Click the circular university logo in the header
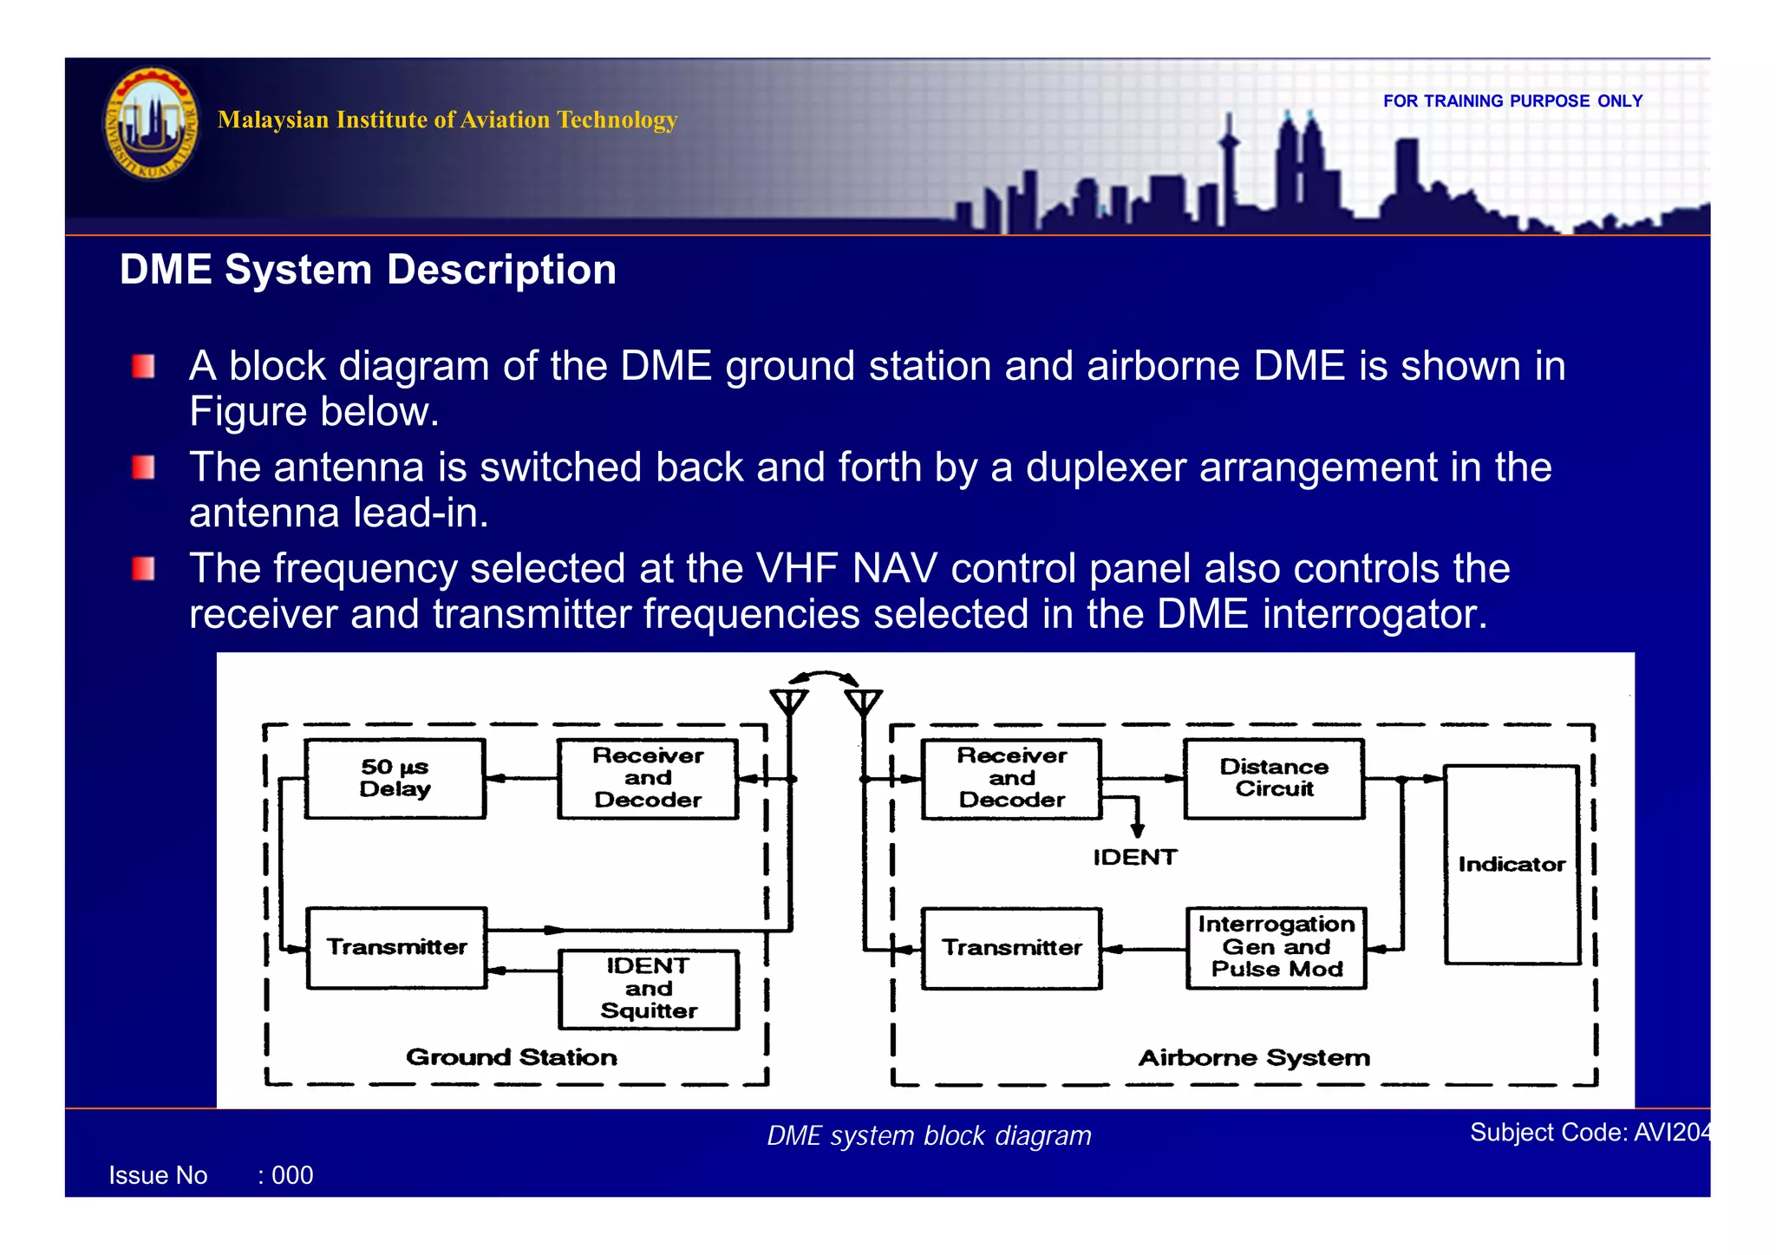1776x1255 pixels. pyautogui.click(x=151, y=124)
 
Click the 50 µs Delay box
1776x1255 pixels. pyautogui.click(x=395, y=778)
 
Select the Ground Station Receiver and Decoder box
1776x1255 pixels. pyautogui.click(x=648, y=778)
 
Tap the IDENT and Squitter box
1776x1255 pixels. pyautogui.click(x=649, y=989)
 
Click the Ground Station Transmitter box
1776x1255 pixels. pyautogui.click(x=396, y=947)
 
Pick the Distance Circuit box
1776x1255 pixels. pyautogui.click(x=1274, y=778)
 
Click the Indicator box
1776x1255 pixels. pyautogui.click(x=1512, y=864)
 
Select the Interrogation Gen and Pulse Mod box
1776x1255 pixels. pyautogui.click(x=1276, y=947)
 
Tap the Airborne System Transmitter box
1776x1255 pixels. pyautogui.click(x=1012, y=948)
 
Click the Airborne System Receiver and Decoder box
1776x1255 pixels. pyautogui.click(x=1012, y=778)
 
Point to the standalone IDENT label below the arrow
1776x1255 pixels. pyautogui.click(x=1134, y=857)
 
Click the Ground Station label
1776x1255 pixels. pyautogui.click(x=512, y=1056)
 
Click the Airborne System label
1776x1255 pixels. pyautogui.click(x=1254, y=1057)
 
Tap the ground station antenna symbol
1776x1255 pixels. pyautogui.click(x=789, y=701)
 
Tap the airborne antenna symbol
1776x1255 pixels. pyautogui.click(x=864, y=701)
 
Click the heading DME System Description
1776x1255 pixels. pyautogui.click(x=368, y=270)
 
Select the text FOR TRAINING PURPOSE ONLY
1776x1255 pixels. pyautogui.click(x=1512, y=101)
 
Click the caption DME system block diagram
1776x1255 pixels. pyautogui.click(x=929, y=1135)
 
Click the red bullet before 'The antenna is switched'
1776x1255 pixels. pyautogui.click(x=144, y=468)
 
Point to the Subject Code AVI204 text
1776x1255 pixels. pyautogui.click(x=1590, y=1132)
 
